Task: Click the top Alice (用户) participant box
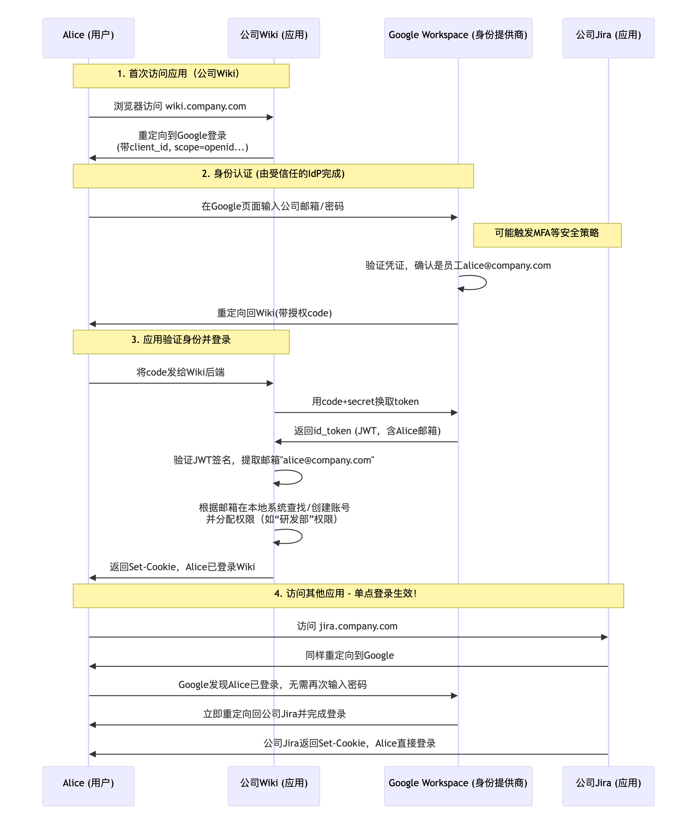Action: tap(88, 38)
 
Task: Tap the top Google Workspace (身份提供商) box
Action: tap(458, 38)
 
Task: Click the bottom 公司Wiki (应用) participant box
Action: tap(274, 786)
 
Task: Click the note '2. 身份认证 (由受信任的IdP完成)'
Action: tap(273, 176)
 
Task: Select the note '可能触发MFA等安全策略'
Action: tap(547, 235)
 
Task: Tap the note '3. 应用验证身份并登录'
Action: tap(181, 342)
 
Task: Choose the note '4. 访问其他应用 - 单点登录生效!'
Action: tap(348, 596)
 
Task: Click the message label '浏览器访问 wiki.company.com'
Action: tap(180, 106)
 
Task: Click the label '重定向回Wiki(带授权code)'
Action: tap(274, 313)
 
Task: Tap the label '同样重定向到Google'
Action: tap(349, 655)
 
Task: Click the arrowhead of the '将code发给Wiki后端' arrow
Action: tap(270, 383)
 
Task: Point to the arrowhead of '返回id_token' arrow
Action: tap(278, 442)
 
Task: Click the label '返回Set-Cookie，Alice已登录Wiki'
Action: tap(182, 567)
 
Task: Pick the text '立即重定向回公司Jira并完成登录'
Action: tap(274, 714)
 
